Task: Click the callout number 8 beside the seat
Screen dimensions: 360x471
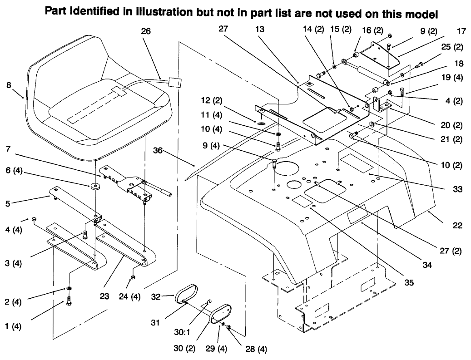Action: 9,85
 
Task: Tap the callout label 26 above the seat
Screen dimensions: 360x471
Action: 146,31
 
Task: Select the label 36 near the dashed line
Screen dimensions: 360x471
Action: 158,151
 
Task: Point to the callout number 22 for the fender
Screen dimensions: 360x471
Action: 457,225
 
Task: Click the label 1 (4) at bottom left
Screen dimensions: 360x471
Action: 14,326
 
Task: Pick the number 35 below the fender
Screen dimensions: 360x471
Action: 409,282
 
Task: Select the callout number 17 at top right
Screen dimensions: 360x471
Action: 462,32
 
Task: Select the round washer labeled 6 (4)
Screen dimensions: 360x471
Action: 96,187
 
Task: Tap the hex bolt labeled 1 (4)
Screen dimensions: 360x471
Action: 69,300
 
